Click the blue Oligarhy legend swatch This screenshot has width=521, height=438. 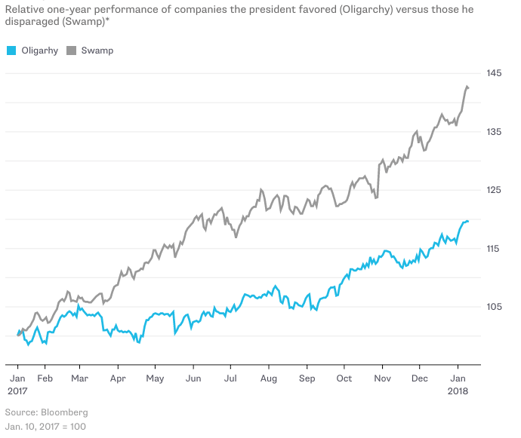tap(11, 51)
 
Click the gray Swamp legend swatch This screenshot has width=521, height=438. tap(72, 51)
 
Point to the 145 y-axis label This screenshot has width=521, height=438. tap(495, 73)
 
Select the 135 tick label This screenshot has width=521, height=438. tap(495, 132)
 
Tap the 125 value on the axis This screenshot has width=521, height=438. tap(495, 190)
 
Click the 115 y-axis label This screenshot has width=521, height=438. tap(495, 248)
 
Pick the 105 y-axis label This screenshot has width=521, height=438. tap(495, 306)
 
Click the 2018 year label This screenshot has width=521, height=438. tap(458, 391)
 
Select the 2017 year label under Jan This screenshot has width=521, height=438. tap(17, 391)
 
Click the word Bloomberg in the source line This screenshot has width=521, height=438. tap(64, 412)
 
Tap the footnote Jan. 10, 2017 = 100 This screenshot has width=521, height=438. tap(45, 427)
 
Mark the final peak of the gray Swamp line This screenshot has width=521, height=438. tap(467, 87)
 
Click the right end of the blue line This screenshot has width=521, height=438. tap(468, 221)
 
